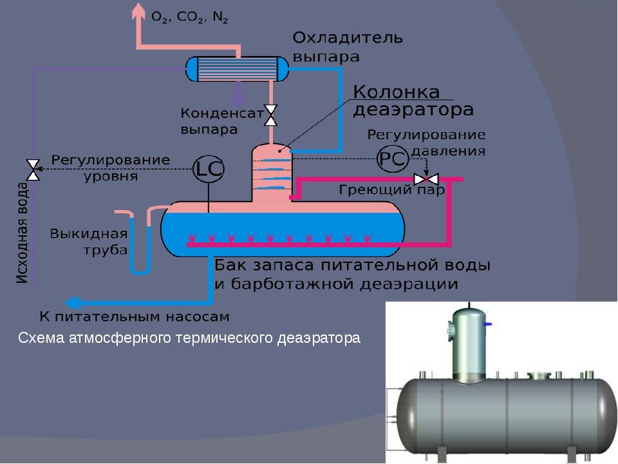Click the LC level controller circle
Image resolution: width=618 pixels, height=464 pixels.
[209, 169]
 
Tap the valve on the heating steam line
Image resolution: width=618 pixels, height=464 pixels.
[425, 179]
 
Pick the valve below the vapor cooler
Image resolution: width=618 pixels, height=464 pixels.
[271, 115]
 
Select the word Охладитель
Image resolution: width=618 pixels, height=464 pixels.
[348, 38]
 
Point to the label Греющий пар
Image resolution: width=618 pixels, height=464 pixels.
[392, 191]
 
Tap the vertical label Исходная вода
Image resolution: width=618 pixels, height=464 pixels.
[22, 232]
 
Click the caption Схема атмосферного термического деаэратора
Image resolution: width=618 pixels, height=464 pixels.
[189, 338]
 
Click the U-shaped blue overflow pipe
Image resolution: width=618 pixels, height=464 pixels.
[140, 245]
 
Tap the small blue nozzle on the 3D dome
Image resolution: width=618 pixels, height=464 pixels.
[489, 322]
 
